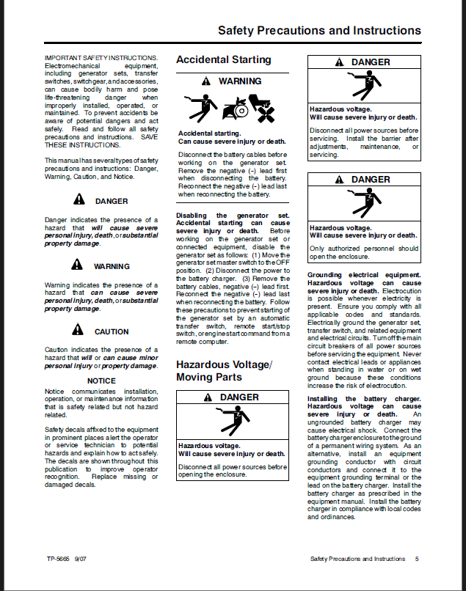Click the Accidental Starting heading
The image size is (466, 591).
224,59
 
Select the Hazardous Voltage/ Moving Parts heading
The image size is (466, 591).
224,371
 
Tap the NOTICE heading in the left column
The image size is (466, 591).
101,381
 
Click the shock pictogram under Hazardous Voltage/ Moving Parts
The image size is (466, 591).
233,422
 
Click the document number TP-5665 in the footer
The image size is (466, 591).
57,559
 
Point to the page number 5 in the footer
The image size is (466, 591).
417,559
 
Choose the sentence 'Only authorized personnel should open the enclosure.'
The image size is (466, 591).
364,252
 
